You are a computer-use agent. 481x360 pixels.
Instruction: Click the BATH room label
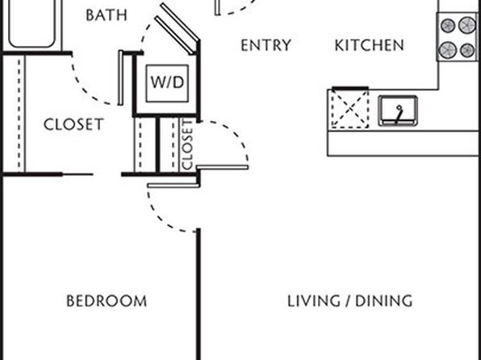pyautogui.click(x=107, y=15)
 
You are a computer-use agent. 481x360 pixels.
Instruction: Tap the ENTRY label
pyautogui.click(x=266, y=45)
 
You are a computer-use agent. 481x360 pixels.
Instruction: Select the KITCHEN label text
pyautogui.click(x=369, y=45)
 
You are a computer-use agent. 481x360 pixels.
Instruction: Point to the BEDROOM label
pyautogui.click(x=107, y=301)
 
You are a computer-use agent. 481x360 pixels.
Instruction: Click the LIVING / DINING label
pyautogui.click(x=349, y=301)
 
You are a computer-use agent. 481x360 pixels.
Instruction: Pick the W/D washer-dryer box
pyautogui.click(x=167, y=83)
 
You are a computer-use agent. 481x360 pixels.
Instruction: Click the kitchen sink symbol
pyautogui.click(x=398, y=111)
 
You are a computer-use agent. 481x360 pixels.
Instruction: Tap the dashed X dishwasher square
pyautogui.click(x=350, y=109)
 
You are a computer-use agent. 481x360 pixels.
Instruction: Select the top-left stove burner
pyautogui.click(x=448, y=26)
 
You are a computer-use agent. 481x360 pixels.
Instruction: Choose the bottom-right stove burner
pyautogui.click(x=467, y=50)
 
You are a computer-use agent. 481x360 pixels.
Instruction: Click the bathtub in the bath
pyautogui.click(x=32, y=24)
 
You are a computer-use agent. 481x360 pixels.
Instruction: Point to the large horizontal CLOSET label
pyautogui.click(x=73, y=124)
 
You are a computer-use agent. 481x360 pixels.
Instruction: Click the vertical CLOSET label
pyautogui.click(x=187, y=144)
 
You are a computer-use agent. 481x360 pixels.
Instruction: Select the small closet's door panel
pyautogui.click(x=223, y=167)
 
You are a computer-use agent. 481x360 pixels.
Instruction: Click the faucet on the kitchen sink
pyautogui.click(x=399, y=114)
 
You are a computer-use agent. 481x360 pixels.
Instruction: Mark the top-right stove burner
pyautogui.click(x=467, y=25)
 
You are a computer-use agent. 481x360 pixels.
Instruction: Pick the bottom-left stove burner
pyautogui.click(x=448, y=50)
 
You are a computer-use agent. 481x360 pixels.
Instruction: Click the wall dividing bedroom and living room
pyautogui.click(x=199, y=294)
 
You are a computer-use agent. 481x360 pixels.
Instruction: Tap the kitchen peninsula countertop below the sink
pyautogui.click(x=403, y=144)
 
